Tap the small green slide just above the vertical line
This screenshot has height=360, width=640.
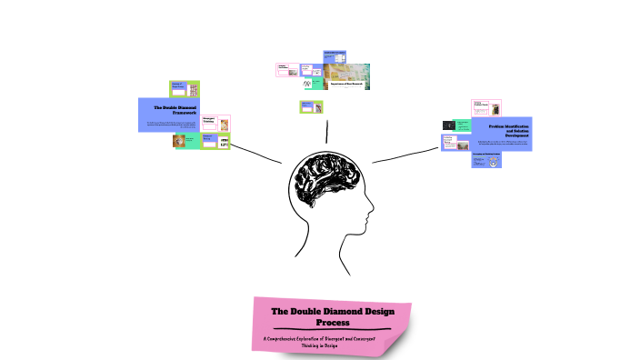(x=313, y=107)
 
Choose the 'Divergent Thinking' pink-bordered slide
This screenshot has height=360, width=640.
(x=215, y=123)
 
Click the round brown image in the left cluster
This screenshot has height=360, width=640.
(x=180, y=141)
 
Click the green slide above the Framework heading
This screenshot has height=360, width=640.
(x=185, y=88)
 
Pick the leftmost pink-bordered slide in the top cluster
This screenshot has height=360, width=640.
(x=287, y=70)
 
